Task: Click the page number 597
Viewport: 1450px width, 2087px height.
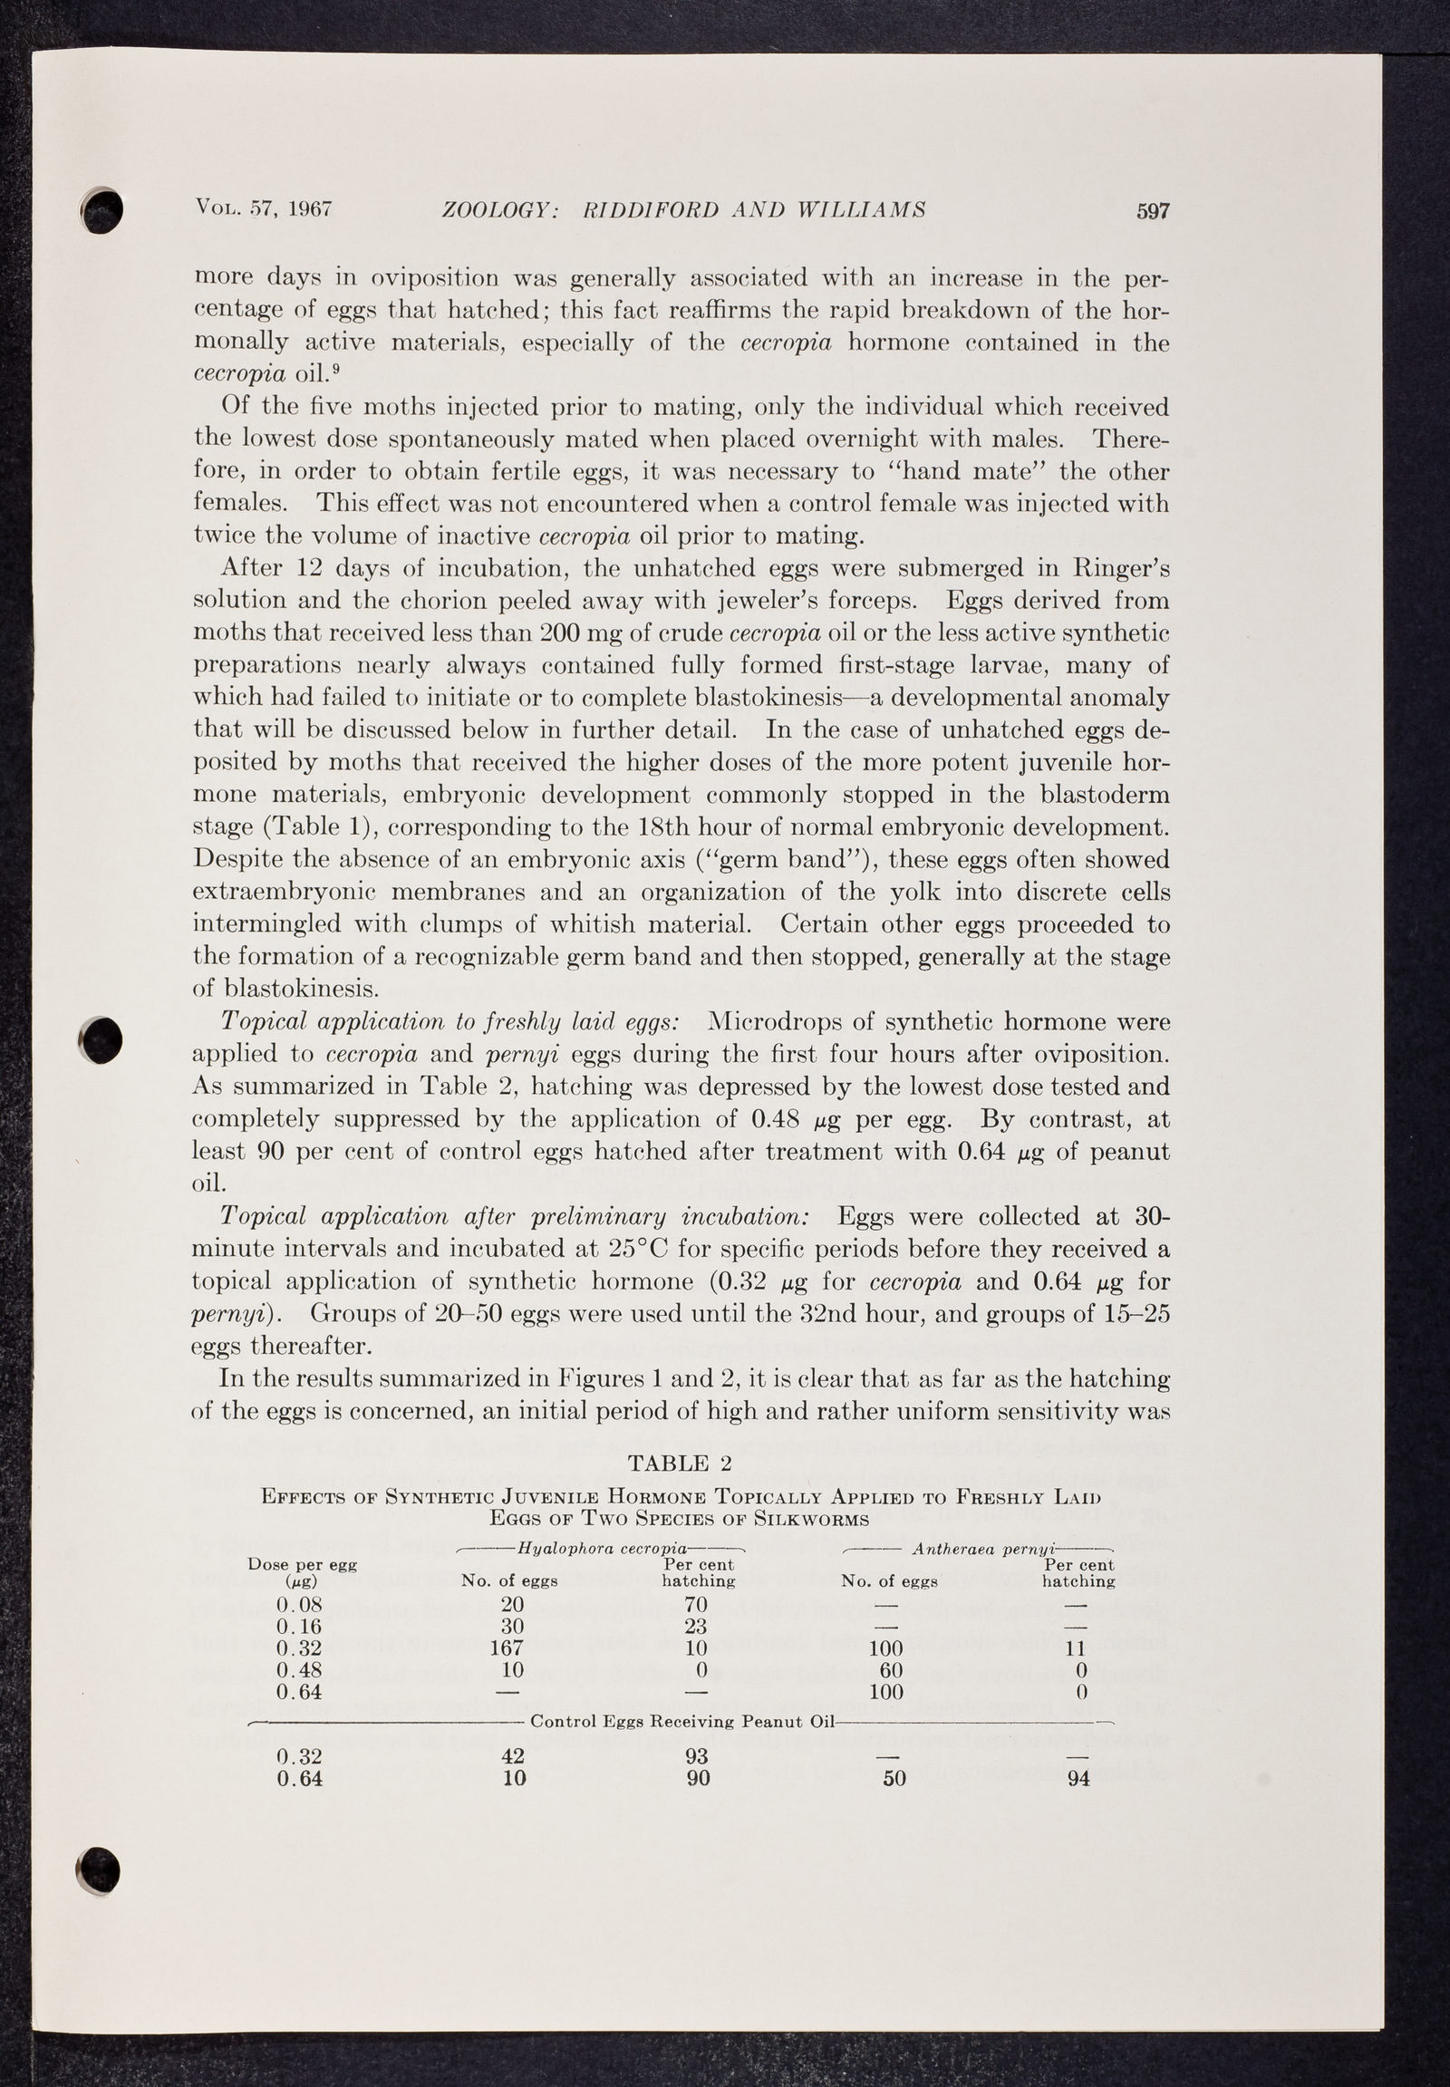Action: (x=1152, y=212)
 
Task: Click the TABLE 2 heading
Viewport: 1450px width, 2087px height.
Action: (x=681, y=1462)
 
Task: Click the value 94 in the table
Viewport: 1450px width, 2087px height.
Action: (x=1078, y=1778)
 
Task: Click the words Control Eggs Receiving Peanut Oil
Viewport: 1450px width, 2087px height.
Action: (x=681, y=1721)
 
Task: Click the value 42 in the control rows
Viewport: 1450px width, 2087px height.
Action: (x=513, y=1756)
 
